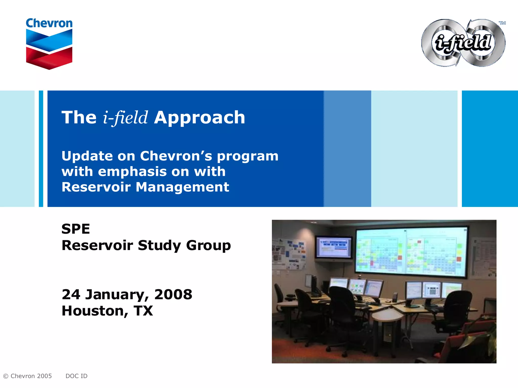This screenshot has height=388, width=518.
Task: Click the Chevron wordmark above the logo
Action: pos(49,23)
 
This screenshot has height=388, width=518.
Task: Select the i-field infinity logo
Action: pos(463,43)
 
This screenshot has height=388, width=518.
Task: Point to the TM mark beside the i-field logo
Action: pos(502,23)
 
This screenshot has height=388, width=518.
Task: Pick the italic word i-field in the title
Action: pos(125,118)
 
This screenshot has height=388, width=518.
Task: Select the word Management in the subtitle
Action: pos(182,187)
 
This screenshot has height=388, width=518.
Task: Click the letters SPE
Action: pos(76,229)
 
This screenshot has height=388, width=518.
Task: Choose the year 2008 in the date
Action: pos(173,295)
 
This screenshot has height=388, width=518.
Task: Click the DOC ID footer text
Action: pos(76,376)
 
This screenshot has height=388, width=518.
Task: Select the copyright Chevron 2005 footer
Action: pos(27,376)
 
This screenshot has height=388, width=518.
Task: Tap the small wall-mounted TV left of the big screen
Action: pos(334,248)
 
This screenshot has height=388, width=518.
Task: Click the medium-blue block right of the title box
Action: pos(347,149)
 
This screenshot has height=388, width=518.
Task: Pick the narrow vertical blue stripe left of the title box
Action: pos(41,149)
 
